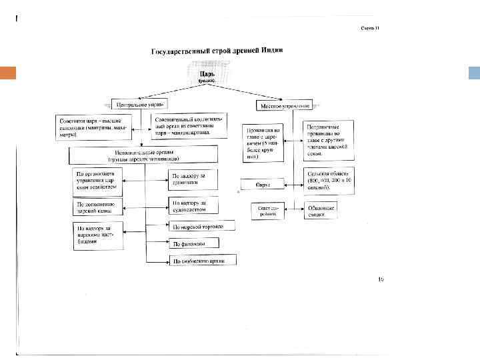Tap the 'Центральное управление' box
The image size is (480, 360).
141,105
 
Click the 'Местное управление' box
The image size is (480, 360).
284,105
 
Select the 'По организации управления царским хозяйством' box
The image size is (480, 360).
97,181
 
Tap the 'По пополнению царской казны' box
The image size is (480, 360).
97,207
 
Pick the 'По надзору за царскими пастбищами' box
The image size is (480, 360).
97,235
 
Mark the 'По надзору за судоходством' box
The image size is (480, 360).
194,206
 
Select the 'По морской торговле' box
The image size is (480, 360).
203,227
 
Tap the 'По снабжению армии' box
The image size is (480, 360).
203,261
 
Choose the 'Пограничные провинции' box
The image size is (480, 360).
325,139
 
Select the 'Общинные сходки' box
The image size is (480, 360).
321,210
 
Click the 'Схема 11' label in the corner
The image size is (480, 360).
370,28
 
